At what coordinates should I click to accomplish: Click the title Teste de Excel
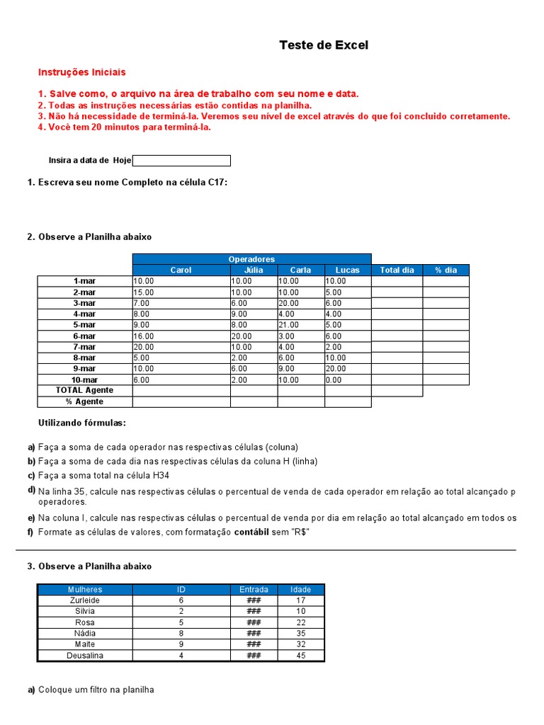(324, 45)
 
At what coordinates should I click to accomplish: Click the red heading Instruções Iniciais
(82, 72)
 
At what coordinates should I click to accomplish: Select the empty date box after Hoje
(181, 161)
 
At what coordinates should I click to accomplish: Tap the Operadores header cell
(251, 259)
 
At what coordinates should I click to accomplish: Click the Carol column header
(181, 270)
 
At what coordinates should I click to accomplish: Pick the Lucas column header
(348, 270)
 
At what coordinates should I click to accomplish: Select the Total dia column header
(397, 270)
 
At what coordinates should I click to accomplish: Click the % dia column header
(446, 270)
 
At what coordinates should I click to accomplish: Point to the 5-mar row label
(84, 325)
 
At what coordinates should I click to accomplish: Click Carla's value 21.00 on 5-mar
(289, 325)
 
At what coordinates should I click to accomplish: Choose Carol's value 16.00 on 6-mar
(144, 336)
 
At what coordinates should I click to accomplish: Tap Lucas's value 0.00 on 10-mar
(334, 379)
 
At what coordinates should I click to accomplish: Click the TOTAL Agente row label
(84, 390)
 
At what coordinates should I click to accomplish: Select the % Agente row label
(84, 401)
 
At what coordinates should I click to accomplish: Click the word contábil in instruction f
(251, 532)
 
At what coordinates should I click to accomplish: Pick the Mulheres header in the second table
(85, 589)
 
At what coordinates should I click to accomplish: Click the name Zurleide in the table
(85, 600)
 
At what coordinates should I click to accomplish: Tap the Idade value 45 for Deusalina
(301, 656)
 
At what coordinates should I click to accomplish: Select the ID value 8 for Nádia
(181, 633)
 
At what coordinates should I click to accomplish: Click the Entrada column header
(254, 589)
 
